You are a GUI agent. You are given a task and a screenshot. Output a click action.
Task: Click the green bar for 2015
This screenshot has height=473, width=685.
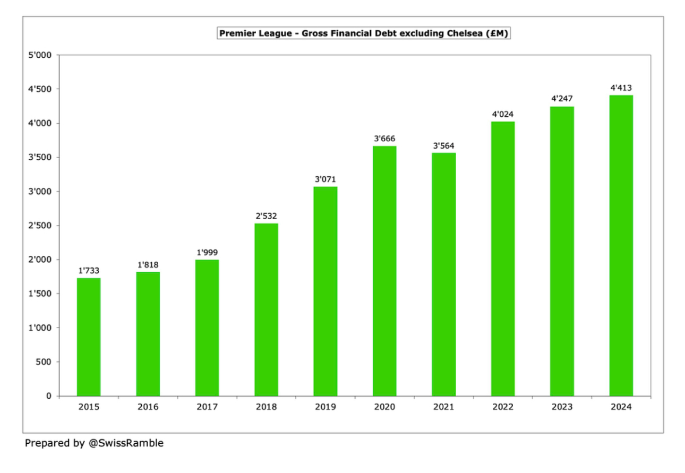click(89, 337)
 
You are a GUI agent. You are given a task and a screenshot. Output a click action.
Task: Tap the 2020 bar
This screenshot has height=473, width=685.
click(384, 271)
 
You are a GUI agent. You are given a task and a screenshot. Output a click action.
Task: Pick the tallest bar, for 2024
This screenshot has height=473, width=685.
click(621, 245)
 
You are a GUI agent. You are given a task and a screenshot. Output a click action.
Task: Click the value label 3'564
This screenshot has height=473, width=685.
click(443, 146)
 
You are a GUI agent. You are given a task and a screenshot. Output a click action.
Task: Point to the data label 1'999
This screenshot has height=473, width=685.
click(207, 253)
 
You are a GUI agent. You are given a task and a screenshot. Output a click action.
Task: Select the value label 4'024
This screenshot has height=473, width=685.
click(503, 114)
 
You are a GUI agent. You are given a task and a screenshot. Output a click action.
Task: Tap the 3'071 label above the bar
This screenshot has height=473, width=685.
click(325, 179)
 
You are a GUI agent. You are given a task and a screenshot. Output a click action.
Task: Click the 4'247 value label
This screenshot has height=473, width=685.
click(562, 99)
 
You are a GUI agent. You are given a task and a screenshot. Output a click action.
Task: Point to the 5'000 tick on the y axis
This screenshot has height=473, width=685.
click(41, 55)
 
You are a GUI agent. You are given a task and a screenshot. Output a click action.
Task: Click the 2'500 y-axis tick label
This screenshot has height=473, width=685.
click(41, 226)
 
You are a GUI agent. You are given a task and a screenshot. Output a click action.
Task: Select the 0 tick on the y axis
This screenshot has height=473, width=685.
click(48, 396)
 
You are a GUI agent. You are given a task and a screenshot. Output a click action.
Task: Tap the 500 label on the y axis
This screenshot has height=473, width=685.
click(45, 362)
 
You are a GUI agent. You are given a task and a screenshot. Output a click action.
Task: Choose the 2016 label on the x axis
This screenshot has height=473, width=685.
click(148, 407)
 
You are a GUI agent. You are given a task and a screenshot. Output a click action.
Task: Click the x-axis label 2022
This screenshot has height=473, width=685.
click(503, 407)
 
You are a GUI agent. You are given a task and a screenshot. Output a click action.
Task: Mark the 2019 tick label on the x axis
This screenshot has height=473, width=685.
click(325, 407)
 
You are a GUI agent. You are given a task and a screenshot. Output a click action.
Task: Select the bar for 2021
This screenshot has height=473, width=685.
click(443, 274)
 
